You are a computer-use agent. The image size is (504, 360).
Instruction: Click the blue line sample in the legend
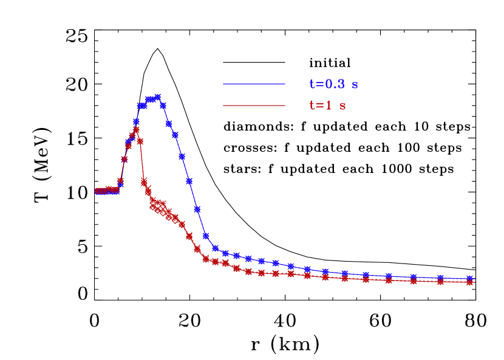[x=254, y=84]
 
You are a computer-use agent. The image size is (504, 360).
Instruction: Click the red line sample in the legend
[x=254, y=106]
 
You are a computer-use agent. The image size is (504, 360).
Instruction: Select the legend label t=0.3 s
[x=333, y=84]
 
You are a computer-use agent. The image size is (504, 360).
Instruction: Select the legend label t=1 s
[x=327, y=106]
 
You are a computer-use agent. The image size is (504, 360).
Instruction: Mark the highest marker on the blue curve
[x=158, y=97]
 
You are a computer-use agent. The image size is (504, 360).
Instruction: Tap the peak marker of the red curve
[x=136, y=129]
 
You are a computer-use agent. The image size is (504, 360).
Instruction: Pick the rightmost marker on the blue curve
[x=470, y=278]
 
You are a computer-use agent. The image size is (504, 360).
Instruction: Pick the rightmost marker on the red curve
[x=470, y=282]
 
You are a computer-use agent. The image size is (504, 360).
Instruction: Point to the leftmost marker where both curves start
[x=97, y=191]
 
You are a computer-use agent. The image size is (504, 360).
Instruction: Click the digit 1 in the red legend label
[x=329, y=106]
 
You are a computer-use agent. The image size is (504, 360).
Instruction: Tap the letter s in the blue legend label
[x=355, y=85]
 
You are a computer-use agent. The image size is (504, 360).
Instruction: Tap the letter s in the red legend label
[x=342, y=106]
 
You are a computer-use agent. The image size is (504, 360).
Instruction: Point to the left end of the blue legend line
[x=224, y=84]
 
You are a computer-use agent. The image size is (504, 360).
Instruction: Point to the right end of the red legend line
[x=284, y=106]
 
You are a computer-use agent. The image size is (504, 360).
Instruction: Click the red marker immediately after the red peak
[x=140, y=141]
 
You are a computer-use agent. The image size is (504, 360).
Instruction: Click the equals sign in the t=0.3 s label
[x=319, y=85]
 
